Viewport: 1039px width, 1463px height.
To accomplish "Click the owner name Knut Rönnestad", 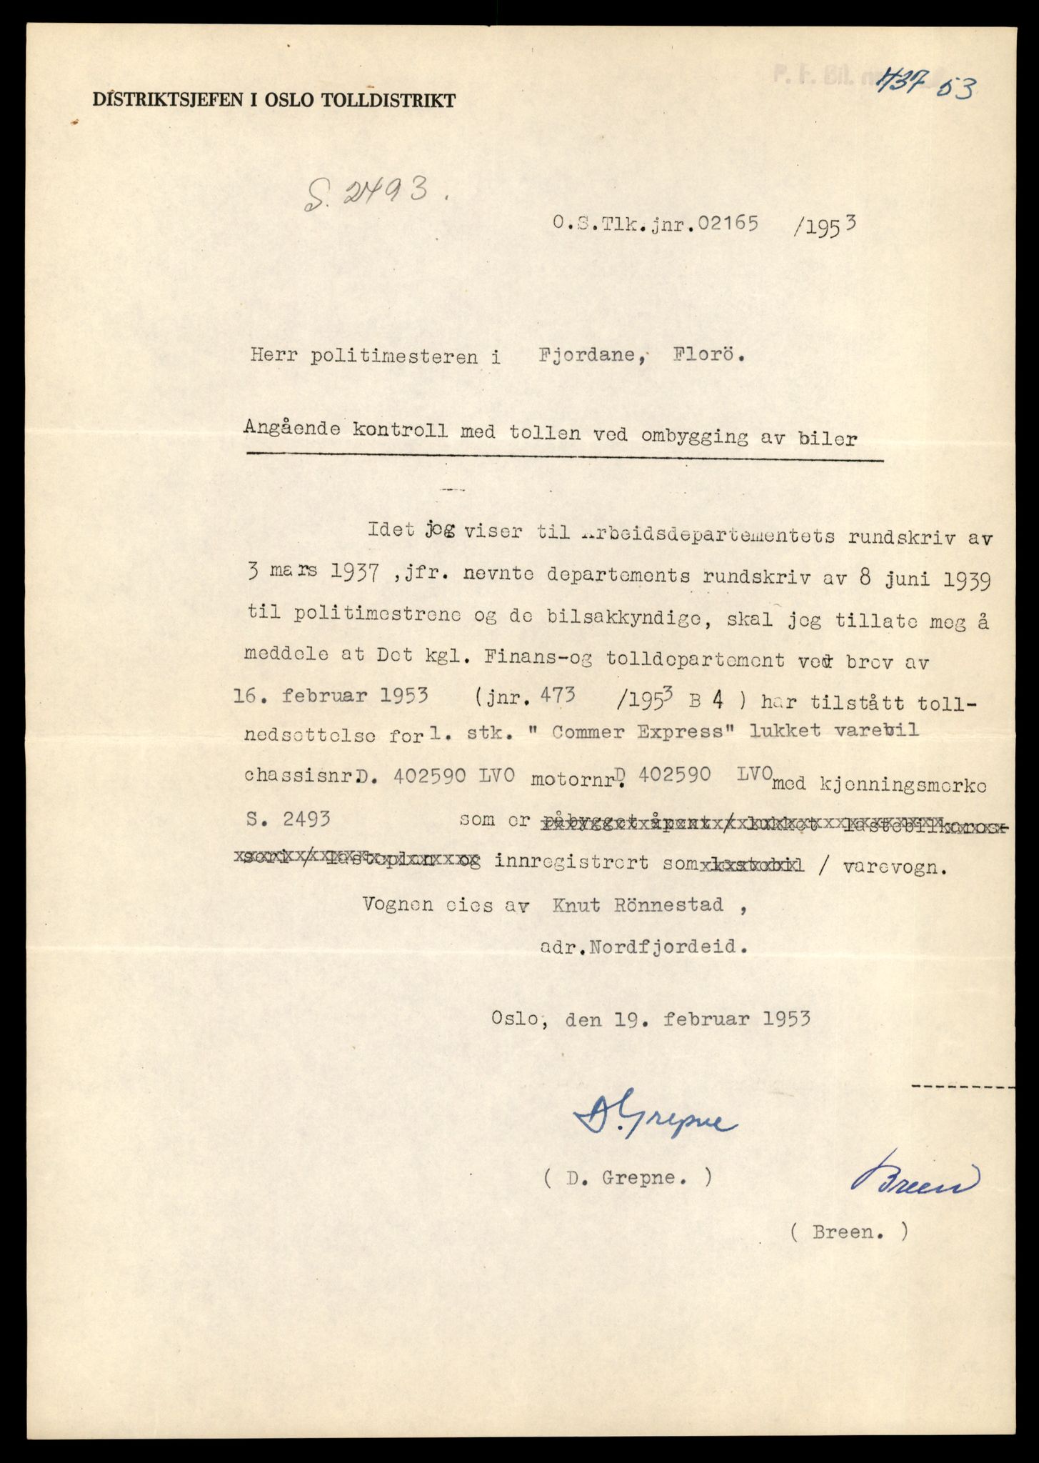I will (637, 905).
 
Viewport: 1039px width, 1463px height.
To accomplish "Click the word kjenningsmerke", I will (905, 786).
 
